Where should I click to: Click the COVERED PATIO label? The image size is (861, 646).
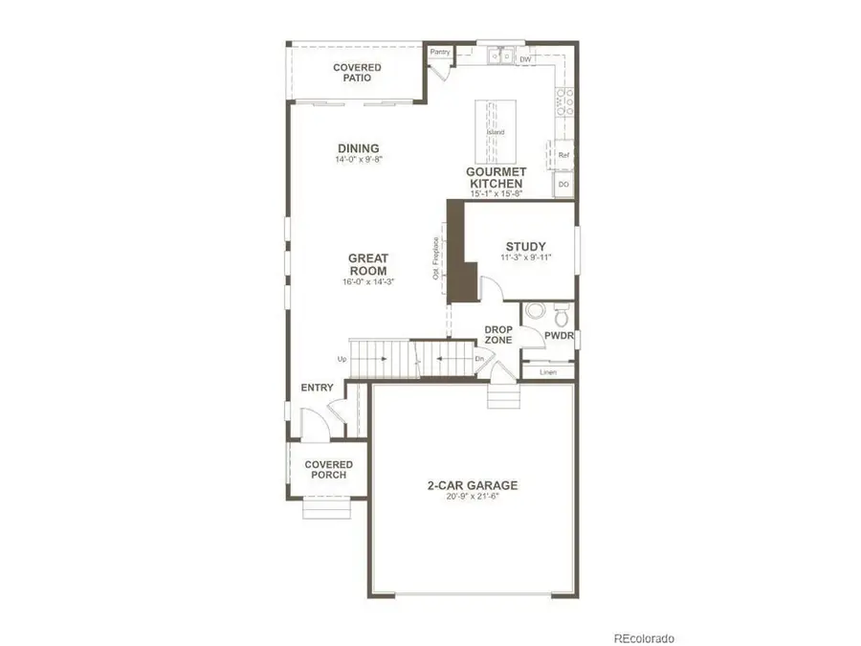click(357, 73)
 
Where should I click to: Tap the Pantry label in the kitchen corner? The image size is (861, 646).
click(440, 53)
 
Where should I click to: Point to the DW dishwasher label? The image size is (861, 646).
click(524, 60)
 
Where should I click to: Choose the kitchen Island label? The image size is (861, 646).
click(496, 132)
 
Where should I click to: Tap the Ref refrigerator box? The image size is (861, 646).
click(563, 154)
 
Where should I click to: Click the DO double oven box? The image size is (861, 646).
click(563, 183)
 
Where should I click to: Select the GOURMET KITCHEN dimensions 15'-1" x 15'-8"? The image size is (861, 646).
click(496, 194)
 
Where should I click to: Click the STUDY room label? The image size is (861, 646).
click(525, 247)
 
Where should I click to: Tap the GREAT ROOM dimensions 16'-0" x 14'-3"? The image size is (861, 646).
click(367, 282)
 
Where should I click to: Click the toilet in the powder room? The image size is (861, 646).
click(562, 313)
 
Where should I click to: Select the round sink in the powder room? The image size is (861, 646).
click(535, 311)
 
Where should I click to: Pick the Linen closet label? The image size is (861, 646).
click(547, 371)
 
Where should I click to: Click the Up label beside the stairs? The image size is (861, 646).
click(342, 360)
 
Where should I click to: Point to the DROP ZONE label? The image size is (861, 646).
click(497, 334)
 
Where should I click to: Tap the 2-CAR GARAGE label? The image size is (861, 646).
click(473, 485)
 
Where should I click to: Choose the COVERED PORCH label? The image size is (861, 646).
click(327, 470)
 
